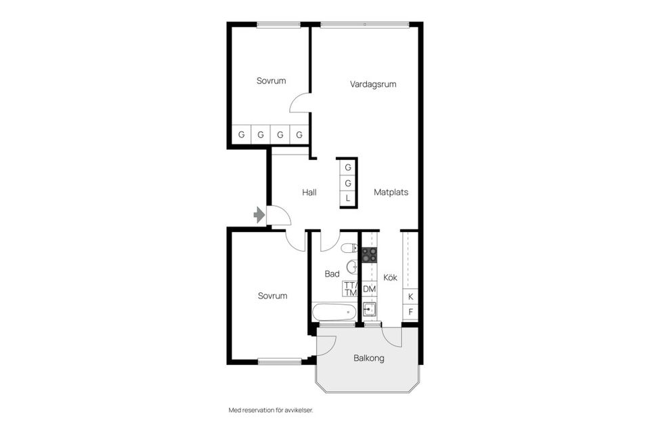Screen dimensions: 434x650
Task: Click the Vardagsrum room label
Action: pyautogui.click(x=372, y=85)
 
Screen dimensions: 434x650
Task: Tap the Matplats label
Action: pyautogui.click(x=391, y=193)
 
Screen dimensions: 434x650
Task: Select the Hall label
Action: pyautogui.click(x=309, y=193)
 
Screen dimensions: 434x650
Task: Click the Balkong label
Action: pyautogui.click(x=368, y=358)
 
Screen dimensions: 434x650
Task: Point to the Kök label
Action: pyautogui.click(x=390, y=278)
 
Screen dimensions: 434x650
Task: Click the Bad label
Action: pyautogui.click(x=332, y=274)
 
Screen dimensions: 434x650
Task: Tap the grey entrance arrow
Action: pyautogui.click(x=259, y=215)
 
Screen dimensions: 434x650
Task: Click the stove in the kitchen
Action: pyautogui.click(x=369, y=255)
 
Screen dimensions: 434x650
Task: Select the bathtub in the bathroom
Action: pyautogui.click(x=334, y=313)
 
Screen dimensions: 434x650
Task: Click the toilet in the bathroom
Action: pyautogui.click(x=349, y=248)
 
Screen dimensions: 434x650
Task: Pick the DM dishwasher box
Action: pyautogui.click(x=369, y=290)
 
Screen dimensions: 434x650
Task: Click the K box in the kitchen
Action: pyautogui.click(x=410, y=297)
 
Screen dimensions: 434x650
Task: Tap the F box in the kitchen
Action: pyautogui.click(x=410, y=313)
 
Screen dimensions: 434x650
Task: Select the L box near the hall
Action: pyautogui.click(x=347, y=198)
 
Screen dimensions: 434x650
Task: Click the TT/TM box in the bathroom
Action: pyautogui.click(x=349, y=289)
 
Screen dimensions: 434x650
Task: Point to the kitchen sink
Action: pyautogui.click(x=369, y=310)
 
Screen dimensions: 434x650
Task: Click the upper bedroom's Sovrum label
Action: pyautogui.click(x=271, y=81)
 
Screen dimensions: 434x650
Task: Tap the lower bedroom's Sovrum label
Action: pyautogui.click(x=272, y=296)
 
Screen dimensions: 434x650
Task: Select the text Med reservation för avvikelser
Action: pyautogui.click(x=271, y=410)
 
